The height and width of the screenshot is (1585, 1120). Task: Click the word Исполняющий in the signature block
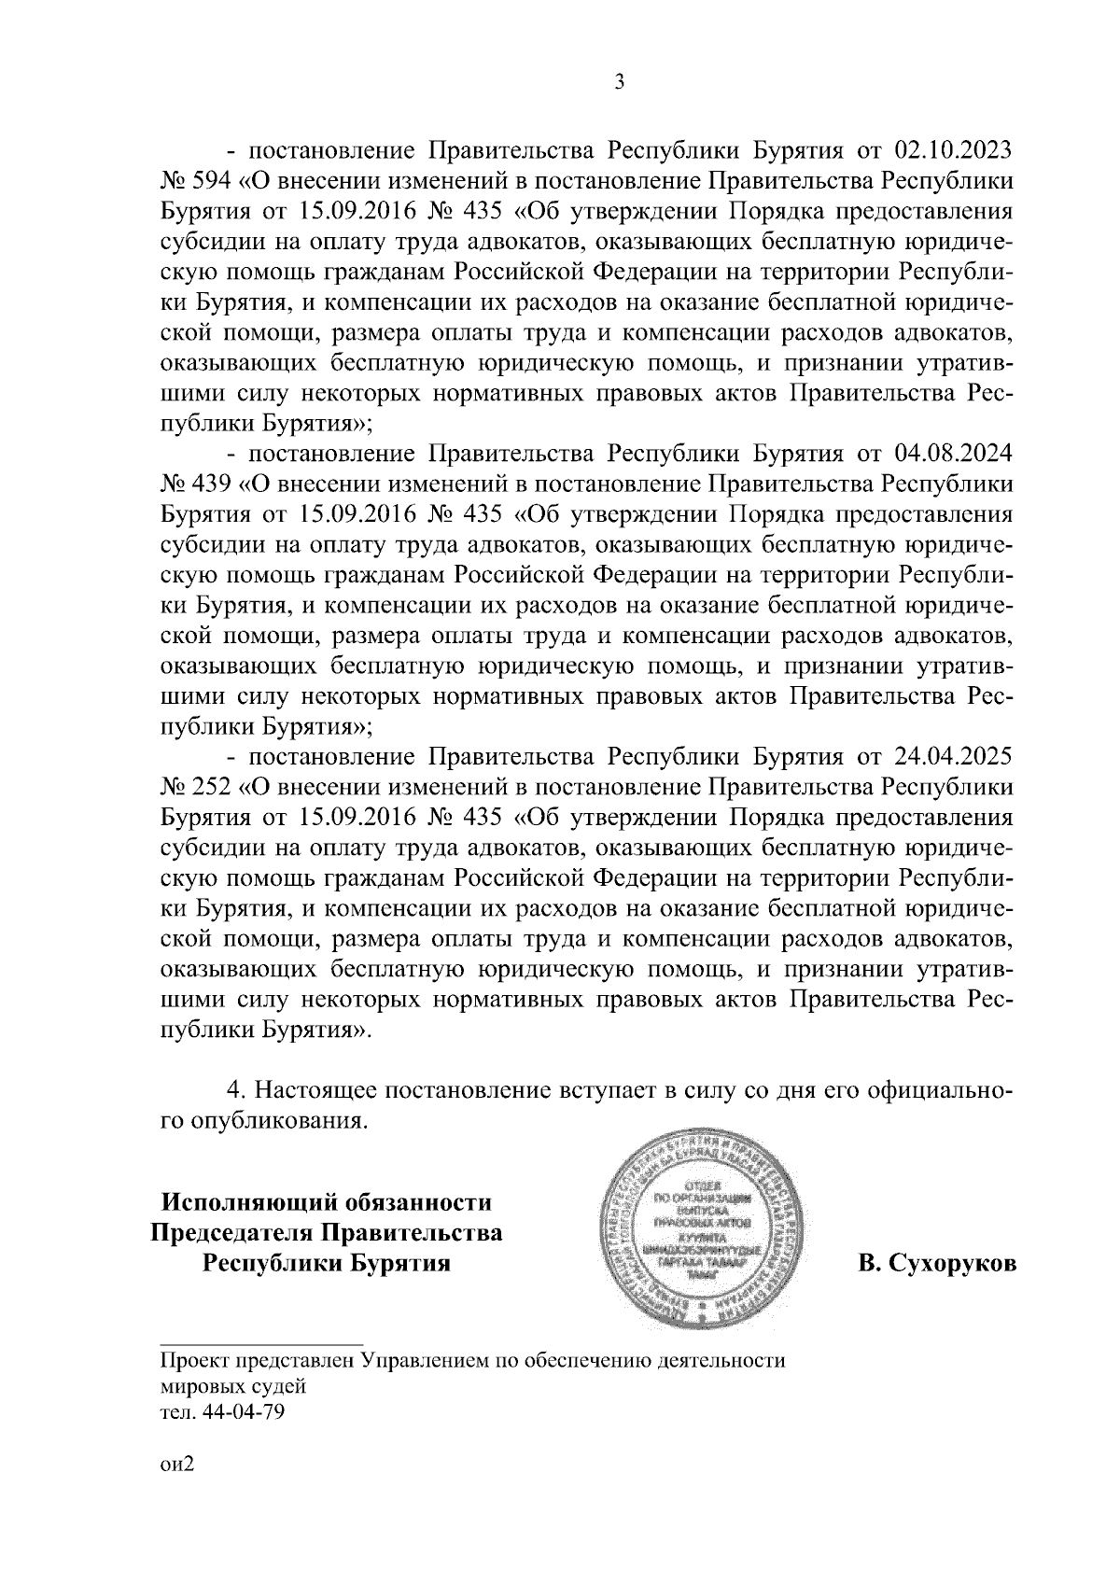pos(252,1202)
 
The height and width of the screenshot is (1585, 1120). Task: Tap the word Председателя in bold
pos(234,1233)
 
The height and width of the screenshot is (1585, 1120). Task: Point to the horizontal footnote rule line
pos(261,1341)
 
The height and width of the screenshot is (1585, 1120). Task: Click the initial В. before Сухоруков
pos(868,1264)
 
